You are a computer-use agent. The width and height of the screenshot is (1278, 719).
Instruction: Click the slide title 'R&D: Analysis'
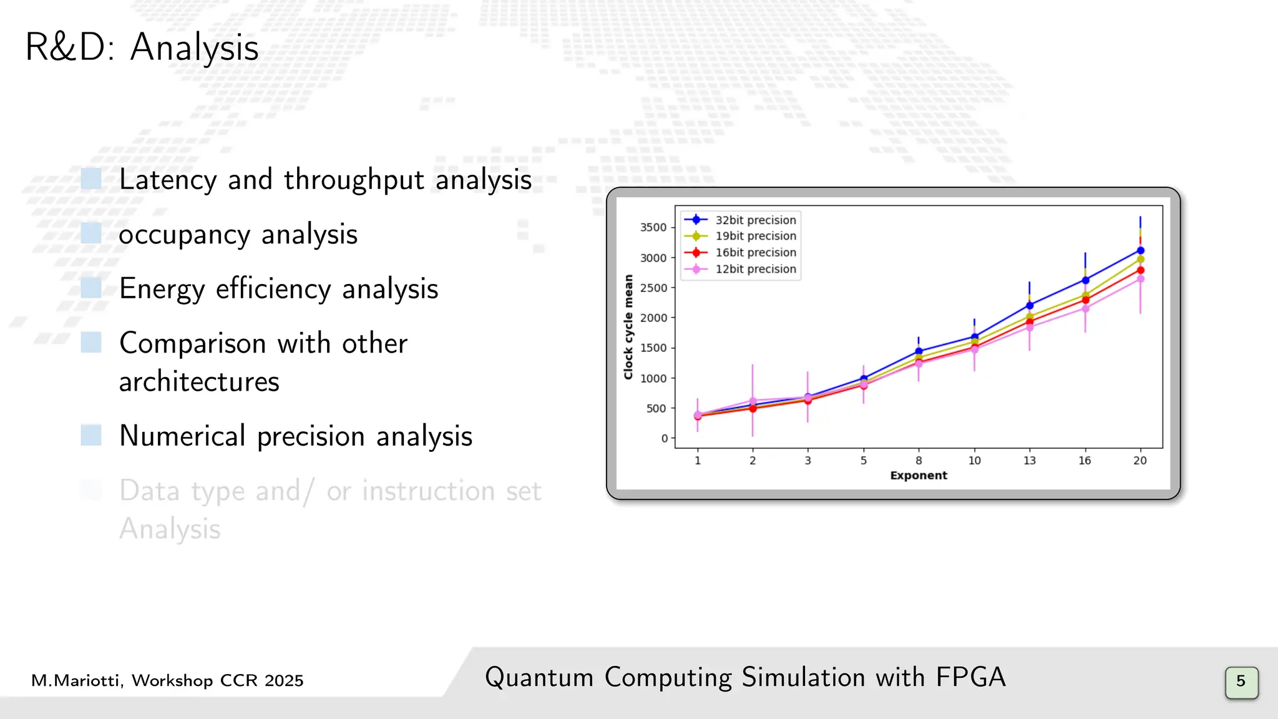(x=142, y=47)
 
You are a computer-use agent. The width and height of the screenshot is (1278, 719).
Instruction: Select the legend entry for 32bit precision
(x=755, y=220)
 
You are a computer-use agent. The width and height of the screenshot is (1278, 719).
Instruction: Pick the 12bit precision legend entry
(x=755, y=269)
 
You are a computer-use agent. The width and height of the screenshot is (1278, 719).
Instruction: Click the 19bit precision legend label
(x=755, y=236)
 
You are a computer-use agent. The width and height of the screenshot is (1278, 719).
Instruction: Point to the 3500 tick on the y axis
(x=653, y=227)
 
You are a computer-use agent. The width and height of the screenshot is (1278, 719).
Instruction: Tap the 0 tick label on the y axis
(x=665, y=439)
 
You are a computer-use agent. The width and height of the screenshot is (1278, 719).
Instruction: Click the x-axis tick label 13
(x=1030, y=461)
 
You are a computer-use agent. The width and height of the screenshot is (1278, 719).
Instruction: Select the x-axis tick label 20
(x=1140, y=461)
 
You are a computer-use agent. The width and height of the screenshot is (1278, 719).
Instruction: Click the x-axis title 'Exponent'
(x=919, y=476)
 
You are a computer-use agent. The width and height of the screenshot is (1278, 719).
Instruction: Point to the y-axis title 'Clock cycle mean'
(x=628, y=327)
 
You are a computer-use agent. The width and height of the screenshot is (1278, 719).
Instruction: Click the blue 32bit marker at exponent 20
(x=1141, y=250)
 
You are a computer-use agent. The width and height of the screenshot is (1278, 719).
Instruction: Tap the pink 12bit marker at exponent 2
(x=753, y=401)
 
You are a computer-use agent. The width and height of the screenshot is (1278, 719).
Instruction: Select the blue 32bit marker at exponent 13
(x=1030, y=305)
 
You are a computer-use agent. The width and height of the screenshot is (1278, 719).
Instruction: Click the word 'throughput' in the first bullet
(x=354, y=180)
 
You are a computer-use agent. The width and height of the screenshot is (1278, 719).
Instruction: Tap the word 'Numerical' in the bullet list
(x=182, y=436)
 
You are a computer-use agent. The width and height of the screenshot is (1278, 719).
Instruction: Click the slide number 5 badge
(x=1241, y=682)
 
